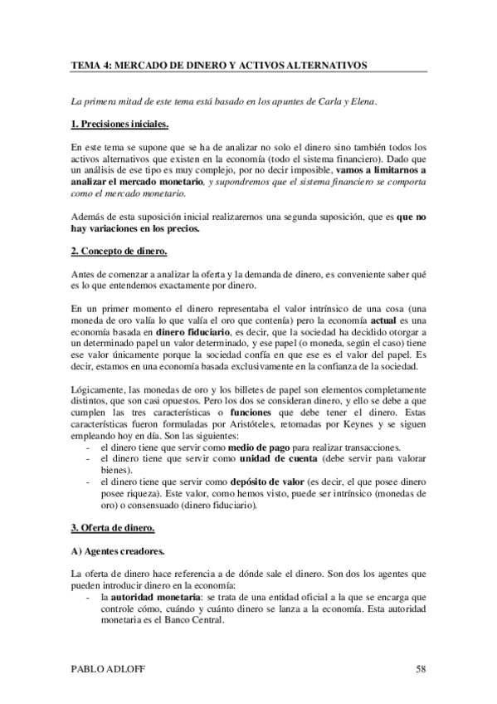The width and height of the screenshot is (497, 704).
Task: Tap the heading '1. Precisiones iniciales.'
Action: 120,125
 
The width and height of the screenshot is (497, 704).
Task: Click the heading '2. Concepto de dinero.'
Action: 119,251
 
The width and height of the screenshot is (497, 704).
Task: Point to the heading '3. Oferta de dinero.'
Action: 113,528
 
